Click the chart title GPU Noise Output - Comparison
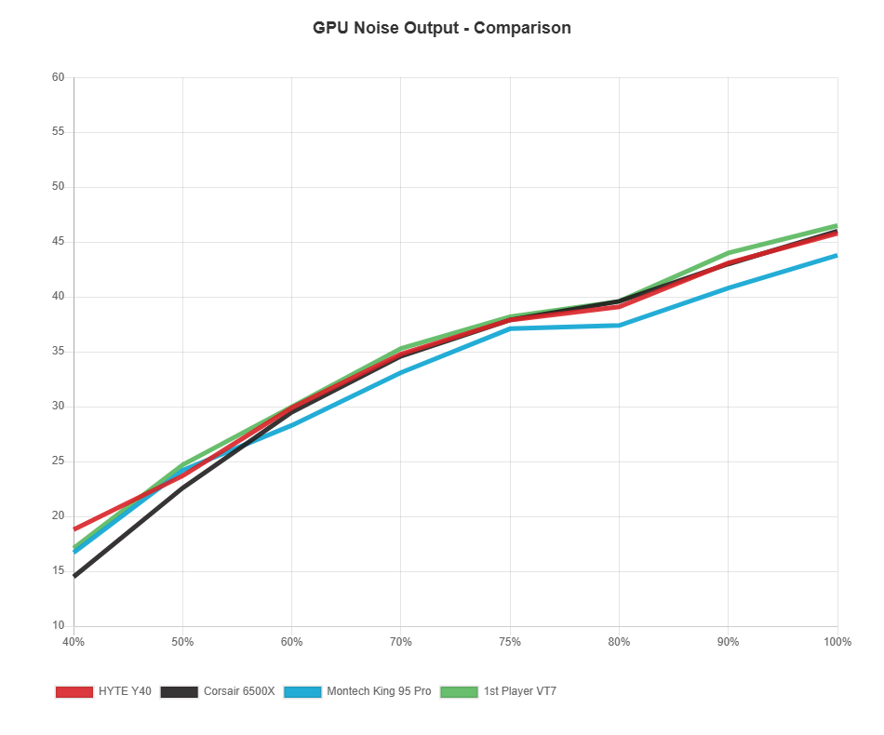tap(442, 28)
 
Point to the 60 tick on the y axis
tap(58, 76)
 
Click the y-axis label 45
tap(58, 241)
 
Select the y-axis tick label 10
tap(58, 625)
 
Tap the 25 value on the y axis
tap(58, 461)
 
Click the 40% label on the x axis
tap(74, 642)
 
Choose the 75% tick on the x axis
tap(510, 642)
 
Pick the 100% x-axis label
tap(837, 642)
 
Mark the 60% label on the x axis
tap(291, 642)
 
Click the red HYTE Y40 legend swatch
tap(74, 691)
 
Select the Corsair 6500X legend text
tap(239, 691)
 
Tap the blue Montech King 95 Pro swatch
tap(302, 691)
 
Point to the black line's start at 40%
tap(74, 577)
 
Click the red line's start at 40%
tap(74, 529)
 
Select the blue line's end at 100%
tap(837, 255)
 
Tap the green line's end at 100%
tap(837, 225)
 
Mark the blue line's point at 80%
tap(619, 325)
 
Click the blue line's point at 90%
tap(729, 287)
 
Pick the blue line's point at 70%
tap(401, 372)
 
